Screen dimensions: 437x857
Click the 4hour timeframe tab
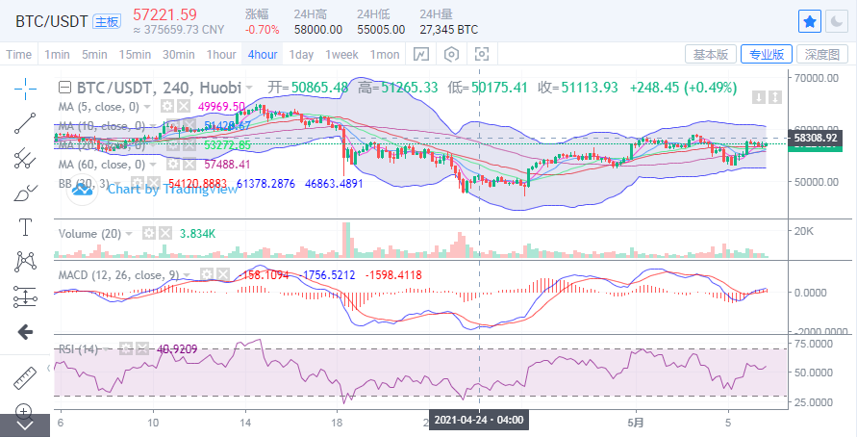[263, 54]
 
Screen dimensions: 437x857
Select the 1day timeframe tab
[301, 54]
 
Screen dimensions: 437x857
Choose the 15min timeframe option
[135, 54]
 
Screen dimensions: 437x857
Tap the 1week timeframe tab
[341, 54]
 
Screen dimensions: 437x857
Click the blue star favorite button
[810, 20]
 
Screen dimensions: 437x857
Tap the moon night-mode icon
[836, 20]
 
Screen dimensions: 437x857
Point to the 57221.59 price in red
[164, 14]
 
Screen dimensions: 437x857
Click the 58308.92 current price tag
[819, 139]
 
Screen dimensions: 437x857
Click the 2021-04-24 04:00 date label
[479, 421]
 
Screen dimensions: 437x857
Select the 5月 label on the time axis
[634, 422]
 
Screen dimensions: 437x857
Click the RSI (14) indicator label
[80, 348]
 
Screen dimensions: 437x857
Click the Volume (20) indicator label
[89, 233]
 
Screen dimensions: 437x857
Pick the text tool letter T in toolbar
[25, 227]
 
